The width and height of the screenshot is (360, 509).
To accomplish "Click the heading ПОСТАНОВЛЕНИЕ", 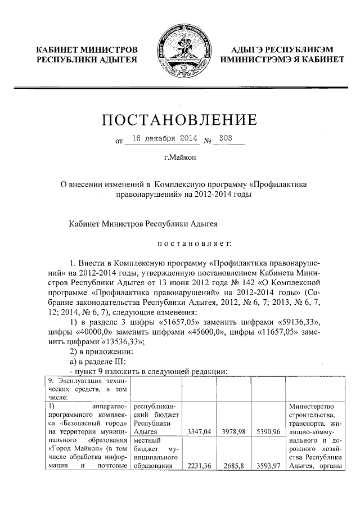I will click(179, 120).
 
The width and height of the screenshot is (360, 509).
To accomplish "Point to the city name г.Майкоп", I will click(180, 159).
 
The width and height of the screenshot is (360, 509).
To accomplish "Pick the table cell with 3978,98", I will click(235, 431).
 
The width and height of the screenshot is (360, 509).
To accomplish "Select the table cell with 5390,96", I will click(268, 431).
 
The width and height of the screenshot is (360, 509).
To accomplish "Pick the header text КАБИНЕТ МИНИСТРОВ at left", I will click(87, 49).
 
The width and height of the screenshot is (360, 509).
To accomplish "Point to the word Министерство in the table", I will click(311, 406).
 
